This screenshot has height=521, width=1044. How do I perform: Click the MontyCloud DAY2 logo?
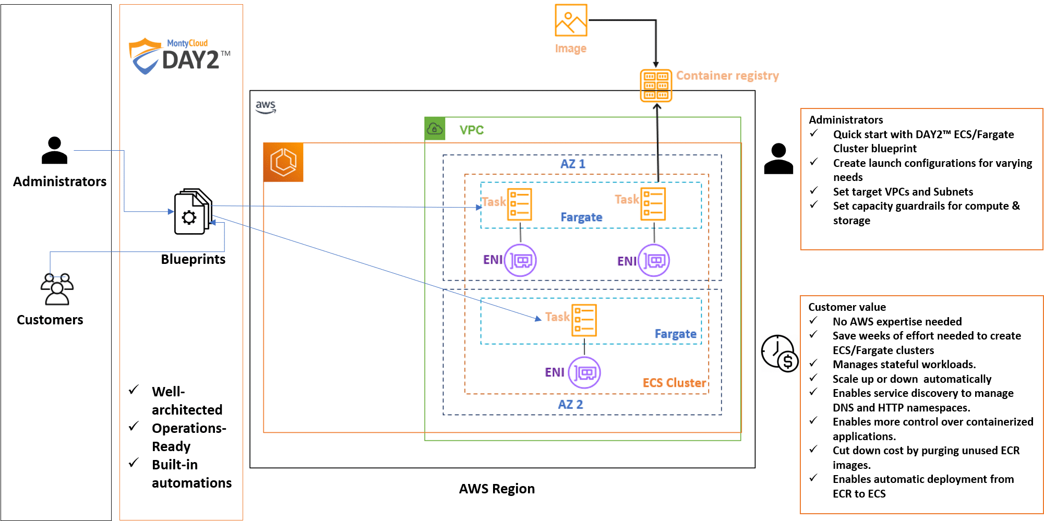pos(179,55)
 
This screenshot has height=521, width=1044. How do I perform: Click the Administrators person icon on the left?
pos(54,150)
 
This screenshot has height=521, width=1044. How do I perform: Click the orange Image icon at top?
pos(571,20)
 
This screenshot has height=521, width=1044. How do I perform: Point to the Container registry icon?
pos(656,86)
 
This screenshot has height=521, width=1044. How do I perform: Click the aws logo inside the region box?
pos(266,106)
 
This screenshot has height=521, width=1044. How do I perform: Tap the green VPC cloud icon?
pos(435,128)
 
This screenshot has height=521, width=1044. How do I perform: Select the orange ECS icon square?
pos(283,162)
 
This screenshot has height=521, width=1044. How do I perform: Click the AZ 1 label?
pos(572,164)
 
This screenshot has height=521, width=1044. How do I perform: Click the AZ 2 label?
pos(570,404)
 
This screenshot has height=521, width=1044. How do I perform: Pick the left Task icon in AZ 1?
pos(519,204)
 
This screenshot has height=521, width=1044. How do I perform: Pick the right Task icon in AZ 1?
pos(653,204)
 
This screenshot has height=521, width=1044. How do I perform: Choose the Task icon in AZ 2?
pos(584,320)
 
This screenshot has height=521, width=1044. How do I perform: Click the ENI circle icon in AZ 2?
pos(584,372)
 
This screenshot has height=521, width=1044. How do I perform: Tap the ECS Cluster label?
pos(674,383)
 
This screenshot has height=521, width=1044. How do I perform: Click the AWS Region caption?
pos(497,489)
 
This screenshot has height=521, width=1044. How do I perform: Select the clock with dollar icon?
pos(779,354)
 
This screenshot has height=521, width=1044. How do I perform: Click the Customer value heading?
pos(847,307)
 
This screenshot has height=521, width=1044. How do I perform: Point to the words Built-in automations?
pos(191,474)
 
